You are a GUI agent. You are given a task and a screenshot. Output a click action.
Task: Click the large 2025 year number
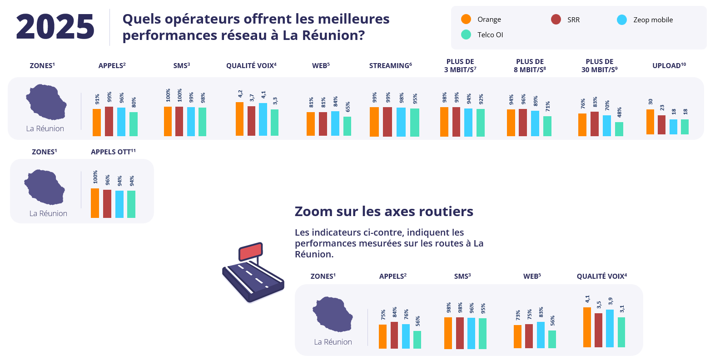pyautogui.click(x=55, y=27)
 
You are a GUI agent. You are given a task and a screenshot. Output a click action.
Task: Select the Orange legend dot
pyautogui.click(x=466, y=19)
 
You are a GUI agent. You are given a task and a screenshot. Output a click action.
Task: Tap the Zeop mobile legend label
pyautogui.click(x=653, y=20)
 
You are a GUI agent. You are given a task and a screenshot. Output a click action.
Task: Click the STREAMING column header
pyautogui.click(x=390, y=65)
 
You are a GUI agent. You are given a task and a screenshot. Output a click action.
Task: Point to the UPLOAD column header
pyautogui.click(x=669, y=65)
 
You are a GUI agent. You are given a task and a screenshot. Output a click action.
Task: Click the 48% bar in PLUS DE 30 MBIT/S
pyautogui.click(x=619, y=129)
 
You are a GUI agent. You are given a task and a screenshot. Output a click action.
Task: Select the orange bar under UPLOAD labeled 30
pyautogui.click(x=650, y=122)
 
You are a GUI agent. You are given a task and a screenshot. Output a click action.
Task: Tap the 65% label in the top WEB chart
pyautogui.click(x=348, y=107)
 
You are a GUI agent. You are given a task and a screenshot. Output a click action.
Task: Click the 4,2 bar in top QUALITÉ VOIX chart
pyautogui.click(x=239, y=119)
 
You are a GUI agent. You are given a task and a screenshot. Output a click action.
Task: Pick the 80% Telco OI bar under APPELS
pyautogui.click(x=133, y=124)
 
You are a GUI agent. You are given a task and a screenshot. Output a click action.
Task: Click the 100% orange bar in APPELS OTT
pyautogui.click(x=95, y=203)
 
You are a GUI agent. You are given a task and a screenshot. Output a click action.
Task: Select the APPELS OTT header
pyautogui.click(x=113, y=152)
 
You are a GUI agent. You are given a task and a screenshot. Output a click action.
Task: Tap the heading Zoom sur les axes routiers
pyautogui.click(x=384, y=212)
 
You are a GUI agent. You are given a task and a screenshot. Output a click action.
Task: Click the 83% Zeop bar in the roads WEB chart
pyautogui.click(x=541, y=335)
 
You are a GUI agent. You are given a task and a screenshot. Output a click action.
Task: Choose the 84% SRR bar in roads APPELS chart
pyautogui.click(x=394, y=335)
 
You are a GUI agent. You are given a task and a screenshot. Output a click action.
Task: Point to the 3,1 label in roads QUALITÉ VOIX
pyautogui.click(x=622, y=309)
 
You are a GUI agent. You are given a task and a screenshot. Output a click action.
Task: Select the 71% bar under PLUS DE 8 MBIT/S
pyautogui.click(x=547, y=126)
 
